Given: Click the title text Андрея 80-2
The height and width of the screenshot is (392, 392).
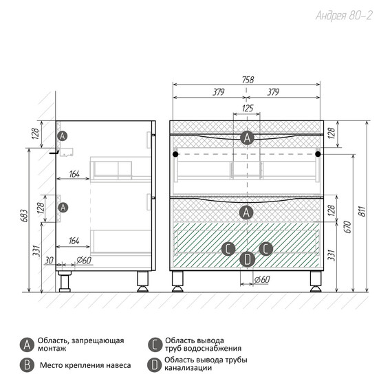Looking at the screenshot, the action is click(344, 16).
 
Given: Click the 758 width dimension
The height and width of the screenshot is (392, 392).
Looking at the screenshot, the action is click(248, 80).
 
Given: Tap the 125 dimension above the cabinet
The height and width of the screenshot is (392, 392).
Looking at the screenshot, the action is click(248, 108).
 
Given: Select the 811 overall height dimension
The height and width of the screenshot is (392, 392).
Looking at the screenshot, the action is click(362, 211).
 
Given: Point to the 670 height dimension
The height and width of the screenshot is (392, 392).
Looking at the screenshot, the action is click(348, 227).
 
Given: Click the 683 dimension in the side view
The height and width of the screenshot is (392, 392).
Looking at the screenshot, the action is click(24, 215).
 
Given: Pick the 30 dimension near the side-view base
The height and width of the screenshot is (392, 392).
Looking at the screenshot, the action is click(49, 260).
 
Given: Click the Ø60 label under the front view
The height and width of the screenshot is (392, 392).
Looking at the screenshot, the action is click(262, 279).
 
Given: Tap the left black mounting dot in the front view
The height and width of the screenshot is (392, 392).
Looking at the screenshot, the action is click(175, 154).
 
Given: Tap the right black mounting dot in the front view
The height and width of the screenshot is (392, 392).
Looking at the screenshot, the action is click(318, 154).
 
